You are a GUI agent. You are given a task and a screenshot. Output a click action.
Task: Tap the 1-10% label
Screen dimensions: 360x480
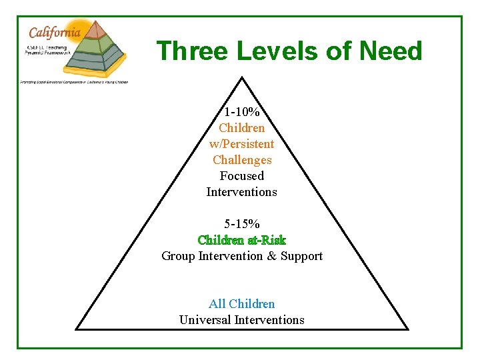click(242, 112)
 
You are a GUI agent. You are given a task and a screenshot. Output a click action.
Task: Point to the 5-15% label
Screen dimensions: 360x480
click(242, 224)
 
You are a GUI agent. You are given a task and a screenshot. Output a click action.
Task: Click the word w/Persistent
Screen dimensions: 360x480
click(242, 144)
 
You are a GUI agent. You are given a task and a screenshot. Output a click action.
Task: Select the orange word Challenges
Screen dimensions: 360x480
click(242, 160)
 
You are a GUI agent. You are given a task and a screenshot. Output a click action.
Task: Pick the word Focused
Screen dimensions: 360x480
click(242, 176)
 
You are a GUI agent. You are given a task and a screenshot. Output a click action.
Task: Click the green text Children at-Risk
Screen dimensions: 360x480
click(242, 240)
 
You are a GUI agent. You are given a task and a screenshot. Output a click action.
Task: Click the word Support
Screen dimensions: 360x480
click(301, 256)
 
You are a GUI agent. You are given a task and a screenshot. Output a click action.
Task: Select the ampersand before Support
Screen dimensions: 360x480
click(271, 256)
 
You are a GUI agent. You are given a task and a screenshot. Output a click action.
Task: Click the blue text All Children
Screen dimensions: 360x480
click(242, 304)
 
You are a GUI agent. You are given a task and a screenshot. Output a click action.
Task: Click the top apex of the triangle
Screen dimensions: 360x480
click(242, 78)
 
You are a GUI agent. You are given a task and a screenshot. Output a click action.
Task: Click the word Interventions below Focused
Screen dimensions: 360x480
click(242, 192)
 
